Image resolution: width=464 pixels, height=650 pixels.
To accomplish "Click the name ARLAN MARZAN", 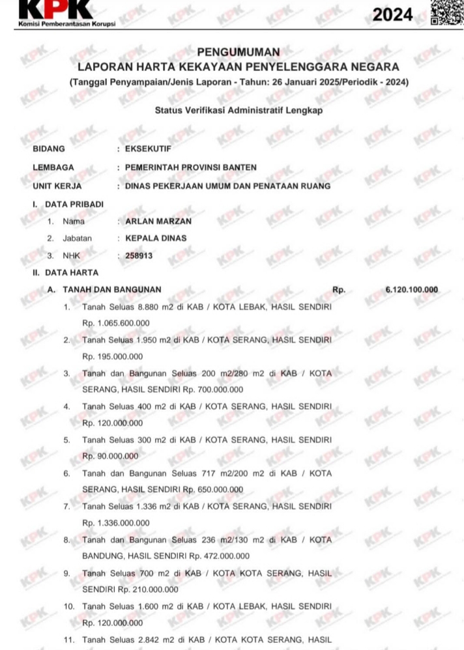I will coord(158,221).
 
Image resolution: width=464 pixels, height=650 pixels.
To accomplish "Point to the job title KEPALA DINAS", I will coord(156,238).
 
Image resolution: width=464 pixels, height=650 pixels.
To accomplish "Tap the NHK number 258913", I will coord(139,256).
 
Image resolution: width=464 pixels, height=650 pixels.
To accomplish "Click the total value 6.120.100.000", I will coord(412,289).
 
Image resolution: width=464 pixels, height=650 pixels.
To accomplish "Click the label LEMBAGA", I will coord(53,167).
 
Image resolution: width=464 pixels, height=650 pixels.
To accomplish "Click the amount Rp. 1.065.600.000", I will coord(116,323).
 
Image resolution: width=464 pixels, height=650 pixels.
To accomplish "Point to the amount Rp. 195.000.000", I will coord(113,357).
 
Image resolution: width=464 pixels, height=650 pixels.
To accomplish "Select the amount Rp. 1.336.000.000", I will coord(116,522).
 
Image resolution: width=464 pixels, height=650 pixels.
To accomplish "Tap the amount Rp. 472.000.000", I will coord(219,556).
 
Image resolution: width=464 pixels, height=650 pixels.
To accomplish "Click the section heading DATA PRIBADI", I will coord(74,205).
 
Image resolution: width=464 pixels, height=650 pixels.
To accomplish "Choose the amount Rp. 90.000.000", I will coord(110,456).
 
